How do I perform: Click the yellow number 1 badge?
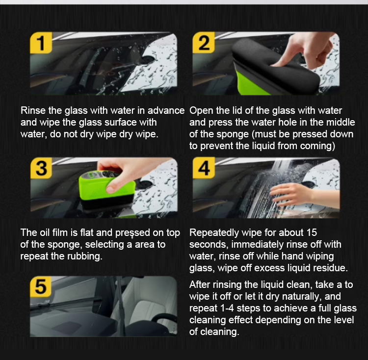41,43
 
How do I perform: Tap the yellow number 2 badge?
204,43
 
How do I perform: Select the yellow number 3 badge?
41,168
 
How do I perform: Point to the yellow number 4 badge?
204,168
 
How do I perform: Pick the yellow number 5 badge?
41,287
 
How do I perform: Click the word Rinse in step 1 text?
33,110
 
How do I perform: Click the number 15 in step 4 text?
312,232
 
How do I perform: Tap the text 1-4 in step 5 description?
227,309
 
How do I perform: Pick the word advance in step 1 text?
166,110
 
